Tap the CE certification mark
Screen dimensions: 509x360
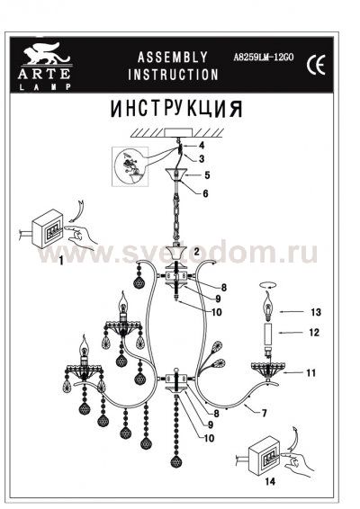pos(317,64)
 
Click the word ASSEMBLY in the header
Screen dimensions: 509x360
pos(172,56)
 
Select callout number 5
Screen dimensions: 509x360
pos(206,174)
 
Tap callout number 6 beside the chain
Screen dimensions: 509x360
pos(206,193)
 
